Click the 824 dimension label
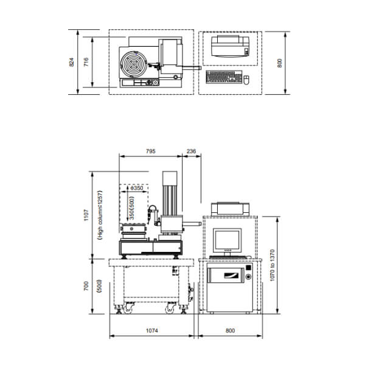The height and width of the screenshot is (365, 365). point(71,62)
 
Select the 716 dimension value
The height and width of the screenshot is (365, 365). point(86,62)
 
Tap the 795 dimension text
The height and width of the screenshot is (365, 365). point(151,151)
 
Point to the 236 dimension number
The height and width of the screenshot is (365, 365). point(192,151)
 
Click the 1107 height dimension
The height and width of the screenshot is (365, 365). point(86,215)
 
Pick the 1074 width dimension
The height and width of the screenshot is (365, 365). point(151,330)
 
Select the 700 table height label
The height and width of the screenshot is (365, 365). point(86,286)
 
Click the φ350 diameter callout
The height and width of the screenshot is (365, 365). point(137,188)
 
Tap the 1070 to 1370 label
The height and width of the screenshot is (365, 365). point(273,265)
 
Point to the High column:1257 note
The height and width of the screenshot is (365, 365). point(100,215)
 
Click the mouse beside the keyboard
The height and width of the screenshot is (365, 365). point(246,80)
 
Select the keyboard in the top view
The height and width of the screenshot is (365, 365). point(224,77)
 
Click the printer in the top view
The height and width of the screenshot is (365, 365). point(231,47)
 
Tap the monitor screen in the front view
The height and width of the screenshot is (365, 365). point(227,240)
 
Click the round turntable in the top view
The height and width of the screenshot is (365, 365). point(134,63)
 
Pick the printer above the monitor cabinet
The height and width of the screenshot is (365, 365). point(230,209)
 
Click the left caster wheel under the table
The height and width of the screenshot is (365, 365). point(128,308)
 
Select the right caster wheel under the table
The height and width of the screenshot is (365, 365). point(171,308)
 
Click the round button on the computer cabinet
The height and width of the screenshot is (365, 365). point(249,277)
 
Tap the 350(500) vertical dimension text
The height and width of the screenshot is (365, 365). point(132,208)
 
